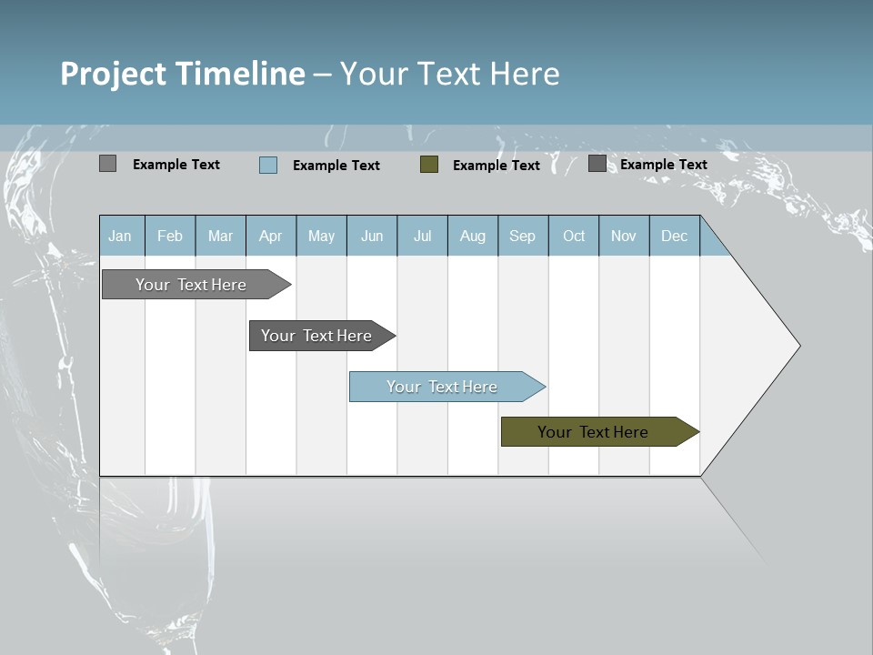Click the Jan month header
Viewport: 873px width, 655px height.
coord(120,237)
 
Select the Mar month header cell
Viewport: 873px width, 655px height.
coord(220,237)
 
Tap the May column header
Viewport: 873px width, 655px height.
coord(321,237)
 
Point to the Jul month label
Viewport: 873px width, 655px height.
coord(422,237)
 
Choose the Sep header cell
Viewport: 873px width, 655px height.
coord(522,237)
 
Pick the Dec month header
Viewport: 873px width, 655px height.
coord(674,237)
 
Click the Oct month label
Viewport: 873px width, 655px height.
coord(574,237)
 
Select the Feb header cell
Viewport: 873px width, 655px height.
coord(170,237)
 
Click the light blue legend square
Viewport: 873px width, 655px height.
coord(268,165)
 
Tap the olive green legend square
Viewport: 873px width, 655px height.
coord(429,164)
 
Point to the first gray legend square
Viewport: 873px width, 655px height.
coord(107,164)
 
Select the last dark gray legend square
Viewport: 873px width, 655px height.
coord(597,164)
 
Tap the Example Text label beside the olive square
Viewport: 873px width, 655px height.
coord(496,166)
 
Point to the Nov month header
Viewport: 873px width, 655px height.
coord(624,237)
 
